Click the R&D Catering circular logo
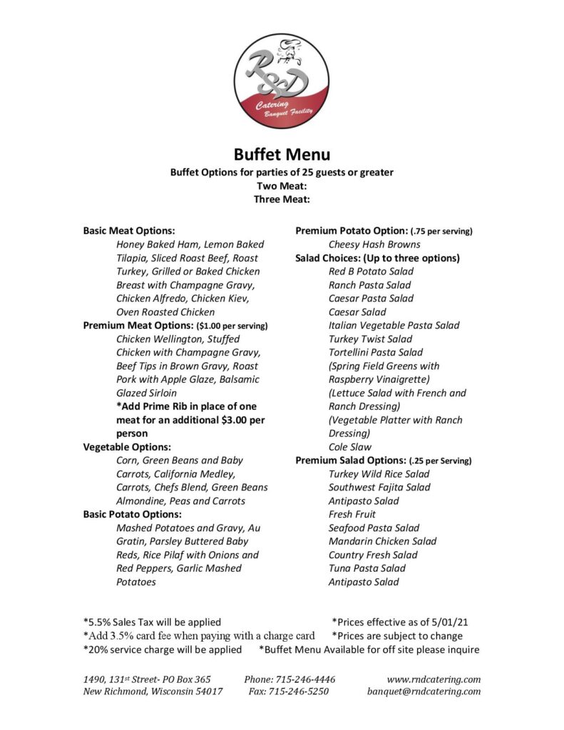coord(282,81)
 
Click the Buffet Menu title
coord(282,154)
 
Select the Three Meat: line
coord(282,199)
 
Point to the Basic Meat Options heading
coord(129,231)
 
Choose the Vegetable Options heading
coord(127,447)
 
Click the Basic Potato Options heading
coord(132,514)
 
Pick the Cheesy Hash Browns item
coord(374,245)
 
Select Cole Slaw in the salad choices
coord(350,447)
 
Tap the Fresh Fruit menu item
coord(352,514)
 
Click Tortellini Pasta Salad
coord(376,352)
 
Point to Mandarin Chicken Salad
coord(382,541)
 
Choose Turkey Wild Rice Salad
coord(379,474)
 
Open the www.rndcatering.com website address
coord(434,679)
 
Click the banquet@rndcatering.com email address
coord(424,692)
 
